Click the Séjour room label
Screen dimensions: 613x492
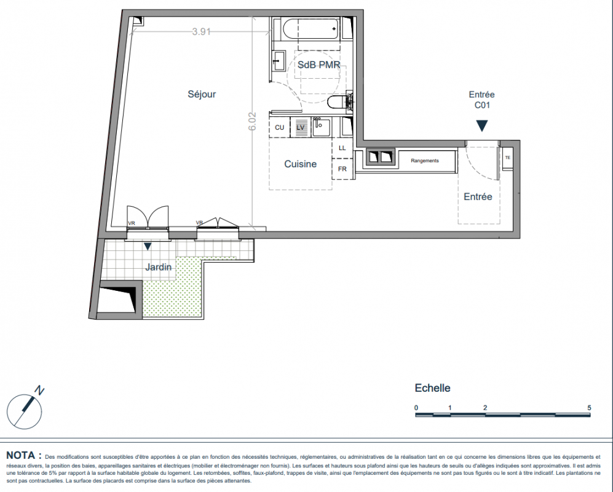point(202,94)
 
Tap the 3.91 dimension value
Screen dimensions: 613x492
point(201,31)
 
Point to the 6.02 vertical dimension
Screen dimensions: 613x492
point(252,122)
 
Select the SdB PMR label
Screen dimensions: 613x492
point(318,65)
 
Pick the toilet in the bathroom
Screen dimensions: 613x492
point(337,103)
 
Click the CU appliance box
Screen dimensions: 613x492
point(280,127)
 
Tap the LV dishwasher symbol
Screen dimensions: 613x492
point(301,127)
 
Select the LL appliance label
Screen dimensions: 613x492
point(342,148)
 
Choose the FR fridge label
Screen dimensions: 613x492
point(342,169)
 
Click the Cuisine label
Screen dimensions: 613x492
point(300,164)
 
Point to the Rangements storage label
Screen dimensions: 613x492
point(425,161)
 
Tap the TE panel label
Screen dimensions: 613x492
point(507,158)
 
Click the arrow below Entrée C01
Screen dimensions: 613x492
point(481,126)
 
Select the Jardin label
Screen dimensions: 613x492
point(159,267)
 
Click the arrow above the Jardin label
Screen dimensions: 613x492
point(148,247)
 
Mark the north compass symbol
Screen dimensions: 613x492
point(25,410)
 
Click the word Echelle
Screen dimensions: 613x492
point(432,388)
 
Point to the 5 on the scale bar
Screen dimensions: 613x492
point(589,408)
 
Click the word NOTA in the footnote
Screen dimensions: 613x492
point(21,455)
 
